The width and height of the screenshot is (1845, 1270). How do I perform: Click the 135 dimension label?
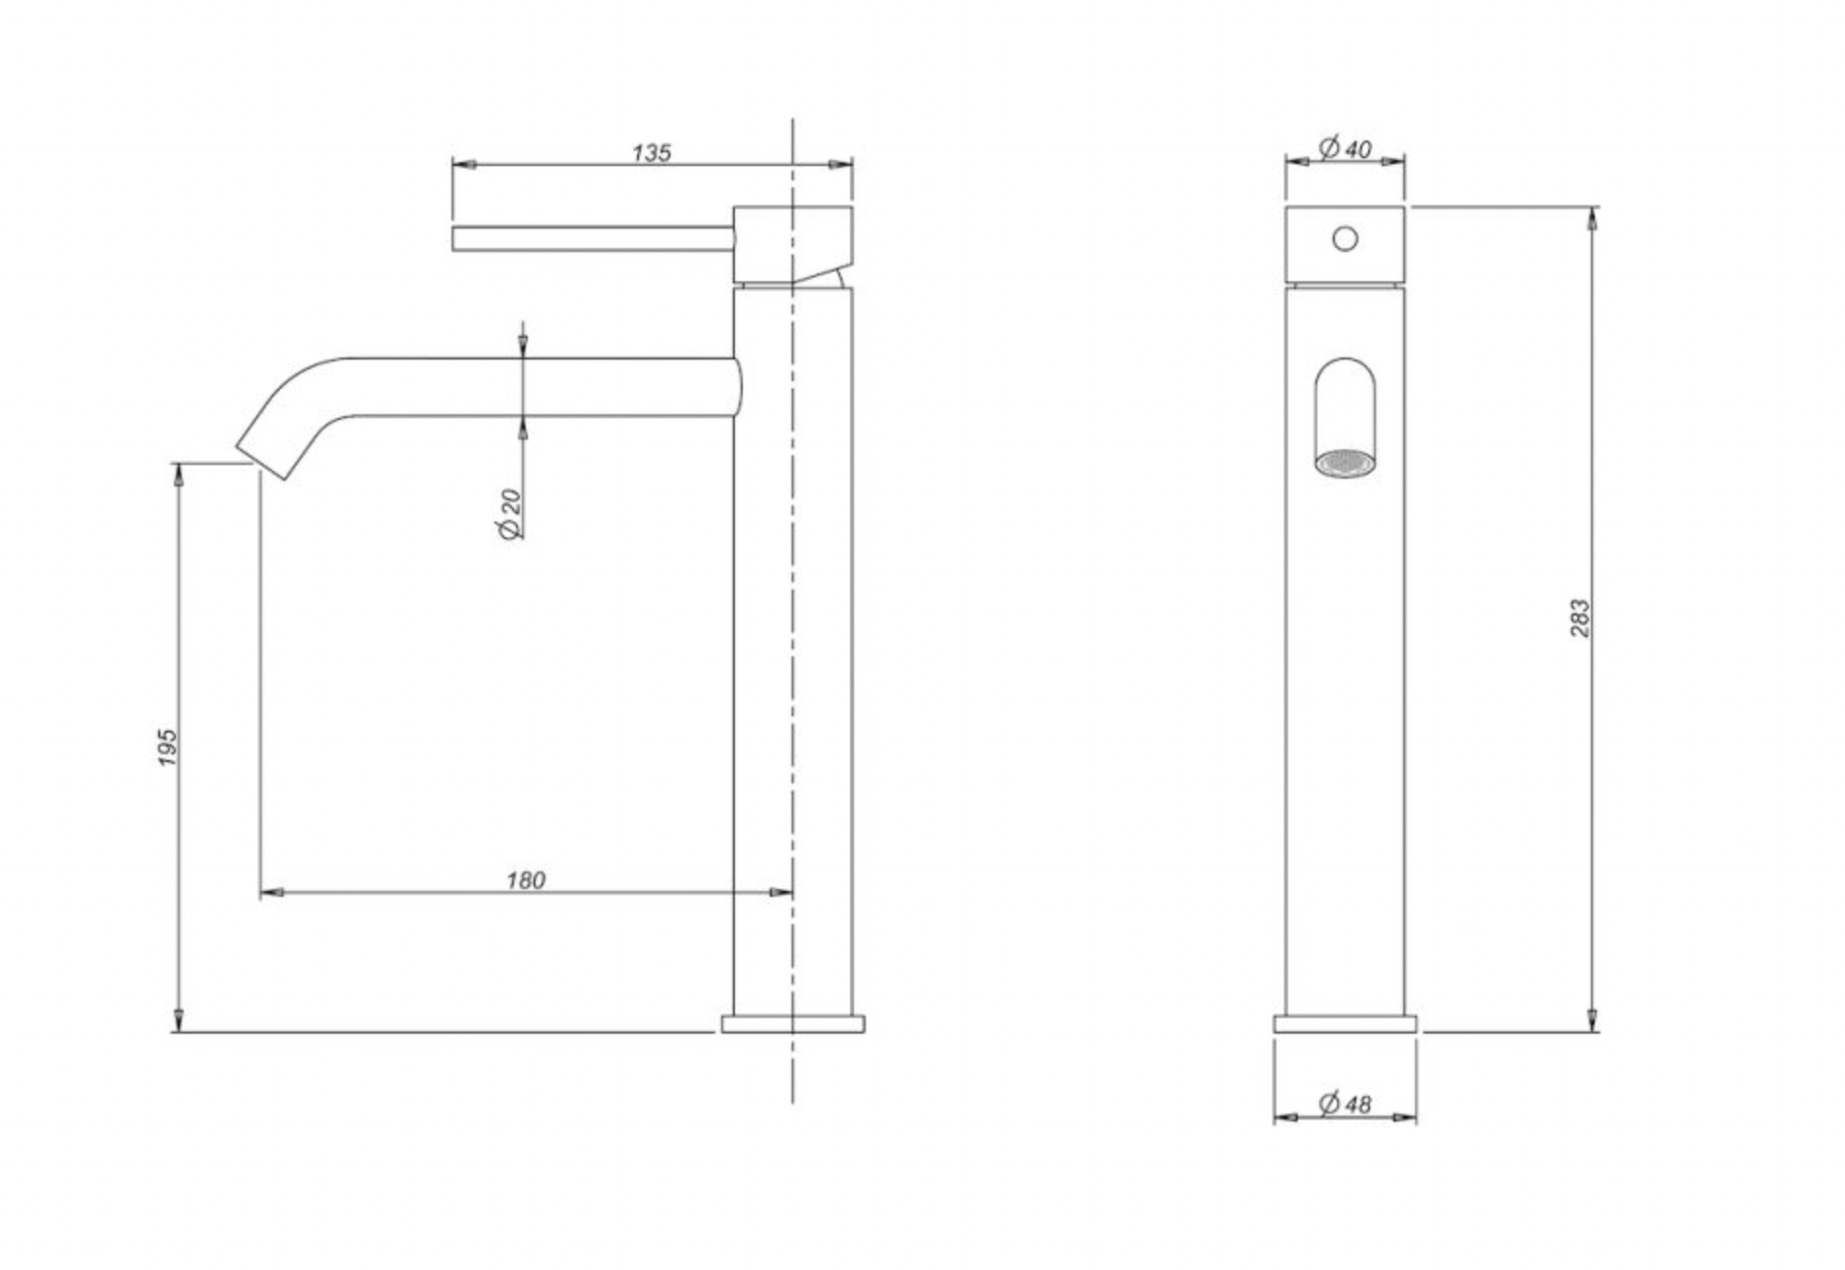pyautogui.click(x=651, y=153)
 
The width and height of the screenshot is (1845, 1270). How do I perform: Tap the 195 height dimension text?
pyautogui.click(x=168, y=746)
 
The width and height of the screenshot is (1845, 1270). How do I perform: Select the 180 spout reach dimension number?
pyautogui.click(x=525, y=880)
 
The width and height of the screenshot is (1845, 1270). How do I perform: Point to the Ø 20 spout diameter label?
pyautogui.click(x=510, y=514)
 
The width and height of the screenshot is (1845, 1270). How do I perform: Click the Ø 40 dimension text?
pyautogui.click(x=1346, y=148)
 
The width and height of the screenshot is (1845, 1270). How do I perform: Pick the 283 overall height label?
pyautogui.click(x=1580, y=618)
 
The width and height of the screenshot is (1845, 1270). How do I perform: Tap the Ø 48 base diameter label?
pyautogui.click(x=1346, y=1104)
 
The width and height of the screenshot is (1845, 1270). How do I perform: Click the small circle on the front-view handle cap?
pyautogui.click(x=1345, y=238)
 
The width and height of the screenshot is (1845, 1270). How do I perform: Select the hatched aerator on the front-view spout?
pyautogui.click(x=1345, y=463)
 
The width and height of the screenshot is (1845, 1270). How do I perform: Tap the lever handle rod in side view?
pyautogui.click(x=591, y=238)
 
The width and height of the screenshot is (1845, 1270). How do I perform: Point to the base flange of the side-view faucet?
pyautogui.click(x=793, y=1024)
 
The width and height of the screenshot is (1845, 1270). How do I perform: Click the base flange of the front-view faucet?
pyautogui.click(x=1345, y=1024)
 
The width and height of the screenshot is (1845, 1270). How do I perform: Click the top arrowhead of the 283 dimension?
pyautogui.click(x=1593, y=219)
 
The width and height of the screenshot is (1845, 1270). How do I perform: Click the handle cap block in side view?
pyautogui.click(x=792, y=244)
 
